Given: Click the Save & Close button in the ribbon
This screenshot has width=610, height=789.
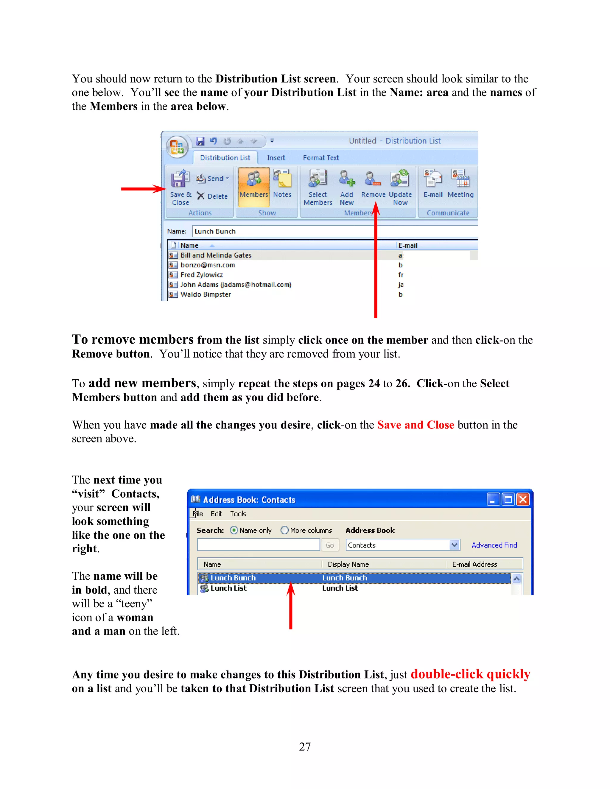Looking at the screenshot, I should (x=180, y=187).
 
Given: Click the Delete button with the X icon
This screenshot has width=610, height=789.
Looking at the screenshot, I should (x=212, y=196).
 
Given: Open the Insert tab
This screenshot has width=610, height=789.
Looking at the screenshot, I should (x=276, y=158).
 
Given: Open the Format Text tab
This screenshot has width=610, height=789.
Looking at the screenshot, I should (x=320, y=158).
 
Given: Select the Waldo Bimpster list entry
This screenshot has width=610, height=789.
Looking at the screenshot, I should (x=205, y=294).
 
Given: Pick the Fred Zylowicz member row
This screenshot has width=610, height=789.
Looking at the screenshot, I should (x=201, y=275).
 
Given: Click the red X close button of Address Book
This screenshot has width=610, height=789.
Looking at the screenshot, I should (x=522, y=500).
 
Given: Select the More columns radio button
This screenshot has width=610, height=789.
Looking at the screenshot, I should (x=285, y=530).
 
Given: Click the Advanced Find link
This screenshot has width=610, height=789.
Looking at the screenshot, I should (x=494, y=545).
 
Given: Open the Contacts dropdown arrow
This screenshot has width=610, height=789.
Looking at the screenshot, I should (x=454, y=545).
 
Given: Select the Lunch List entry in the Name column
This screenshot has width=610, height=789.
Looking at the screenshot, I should (x=228, y=588).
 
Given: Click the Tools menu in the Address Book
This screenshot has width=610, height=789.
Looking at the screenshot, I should (x=238, y=514).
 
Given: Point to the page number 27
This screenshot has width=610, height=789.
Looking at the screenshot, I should (x=305, y=746).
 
